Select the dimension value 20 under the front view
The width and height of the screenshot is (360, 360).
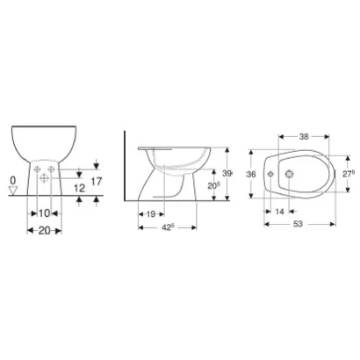[41, 230]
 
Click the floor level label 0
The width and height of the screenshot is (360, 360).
[12, 181]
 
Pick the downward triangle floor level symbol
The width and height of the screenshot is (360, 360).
[12, 192]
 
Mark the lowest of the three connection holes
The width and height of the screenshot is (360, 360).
[42, 179]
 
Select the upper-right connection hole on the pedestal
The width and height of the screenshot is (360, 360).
[50, 169]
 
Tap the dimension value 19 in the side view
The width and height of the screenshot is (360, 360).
[151, 213]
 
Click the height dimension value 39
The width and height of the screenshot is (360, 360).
[227, 174]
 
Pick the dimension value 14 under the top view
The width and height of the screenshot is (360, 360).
[278, 212]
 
